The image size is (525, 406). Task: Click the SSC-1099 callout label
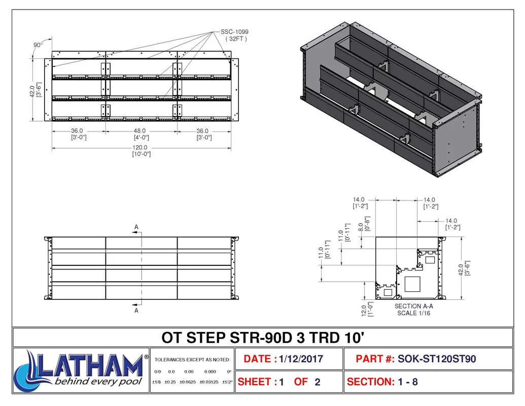[234, 32]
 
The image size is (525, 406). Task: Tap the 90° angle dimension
[38, 45]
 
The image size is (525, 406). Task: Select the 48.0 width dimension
[139, 130]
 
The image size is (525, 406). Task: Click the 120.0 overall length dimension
[140, 147]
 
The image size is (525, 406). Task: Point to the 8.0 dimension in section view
[361, 227]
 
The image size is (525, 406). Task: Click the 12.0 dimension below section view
[364, 311]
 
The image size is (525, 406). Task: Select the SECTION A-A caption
[413, 306]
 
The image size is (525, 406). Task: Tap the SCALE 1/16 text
[413, 313]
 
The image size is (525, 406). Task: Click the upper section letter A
[136, 227]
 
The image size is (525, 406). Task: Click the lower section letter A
[136, 311]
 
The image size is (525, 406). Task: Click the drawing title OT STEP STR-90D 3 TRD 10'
[263, 337]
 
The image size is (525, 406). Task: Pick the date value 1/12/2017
[301, 359]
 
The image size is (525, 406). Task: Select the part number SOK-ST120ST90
[437, 359]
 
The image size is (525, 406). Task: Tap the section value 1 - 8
[408, 382]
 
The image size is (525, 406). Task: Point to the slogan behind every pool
[98, 382]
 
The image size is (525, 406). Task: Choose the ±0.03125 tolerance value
[209, 382]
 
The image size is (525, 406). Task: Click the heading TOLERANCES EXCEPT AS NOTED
[192, 360]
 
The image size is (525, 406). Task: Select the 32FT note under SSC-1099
[236, 39]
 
